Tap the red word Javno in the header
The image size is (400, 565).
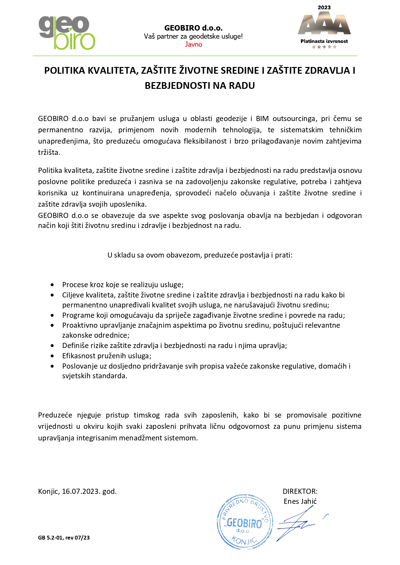click(193, 45)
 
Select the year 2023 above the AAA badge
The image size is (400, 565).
click(324, 7)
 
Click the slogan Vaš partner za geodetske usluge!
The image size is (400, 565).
click(193, 36)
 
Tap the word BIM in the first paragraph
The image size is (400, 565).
click(262, 118)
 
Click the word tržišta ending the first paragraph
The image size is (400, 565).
click(49, 153)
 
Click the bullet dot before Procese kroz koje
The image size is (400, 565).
click(52, 285)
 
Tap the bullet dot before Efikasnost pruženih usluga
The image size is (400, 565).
click(52, 356)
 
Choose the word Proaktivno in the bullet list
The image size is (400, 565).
click(79, 325)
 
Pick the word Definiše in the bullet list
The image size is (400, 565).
click(75, 346)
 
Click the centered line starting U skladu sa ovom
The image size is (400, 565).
click(200, 255)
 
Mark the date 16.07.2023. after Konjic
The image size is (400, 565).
click(81, 492)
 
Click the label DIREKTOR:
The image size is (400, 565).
click(300, 492)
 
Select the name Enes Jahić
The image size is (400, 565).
click(300, 502)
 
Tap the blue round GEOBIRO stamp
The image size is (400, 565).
click(245, 522)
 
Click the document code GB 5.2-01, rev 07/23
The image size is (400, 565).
click(64, 538)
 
